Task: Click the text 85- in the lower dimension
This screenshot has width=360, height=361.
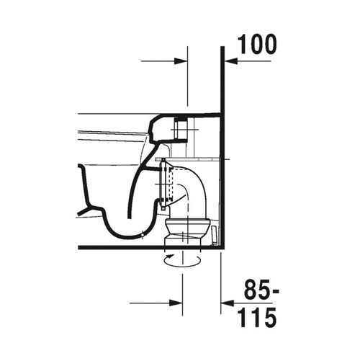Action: pos(257,293)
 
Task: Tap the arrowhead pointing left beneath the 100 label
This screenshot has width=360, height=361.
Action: pos(232,62)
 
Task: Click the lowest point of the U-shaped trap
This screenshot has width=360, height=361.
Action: pos(132,235)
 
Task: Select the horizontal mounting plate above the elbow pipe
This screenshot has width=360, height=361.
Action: pos(187,157)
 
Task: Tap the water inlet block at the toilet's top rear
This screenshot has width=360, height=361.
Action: pos(180,130)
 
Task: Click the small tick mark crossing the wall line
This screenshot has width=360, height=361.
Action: pos(225,157)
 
